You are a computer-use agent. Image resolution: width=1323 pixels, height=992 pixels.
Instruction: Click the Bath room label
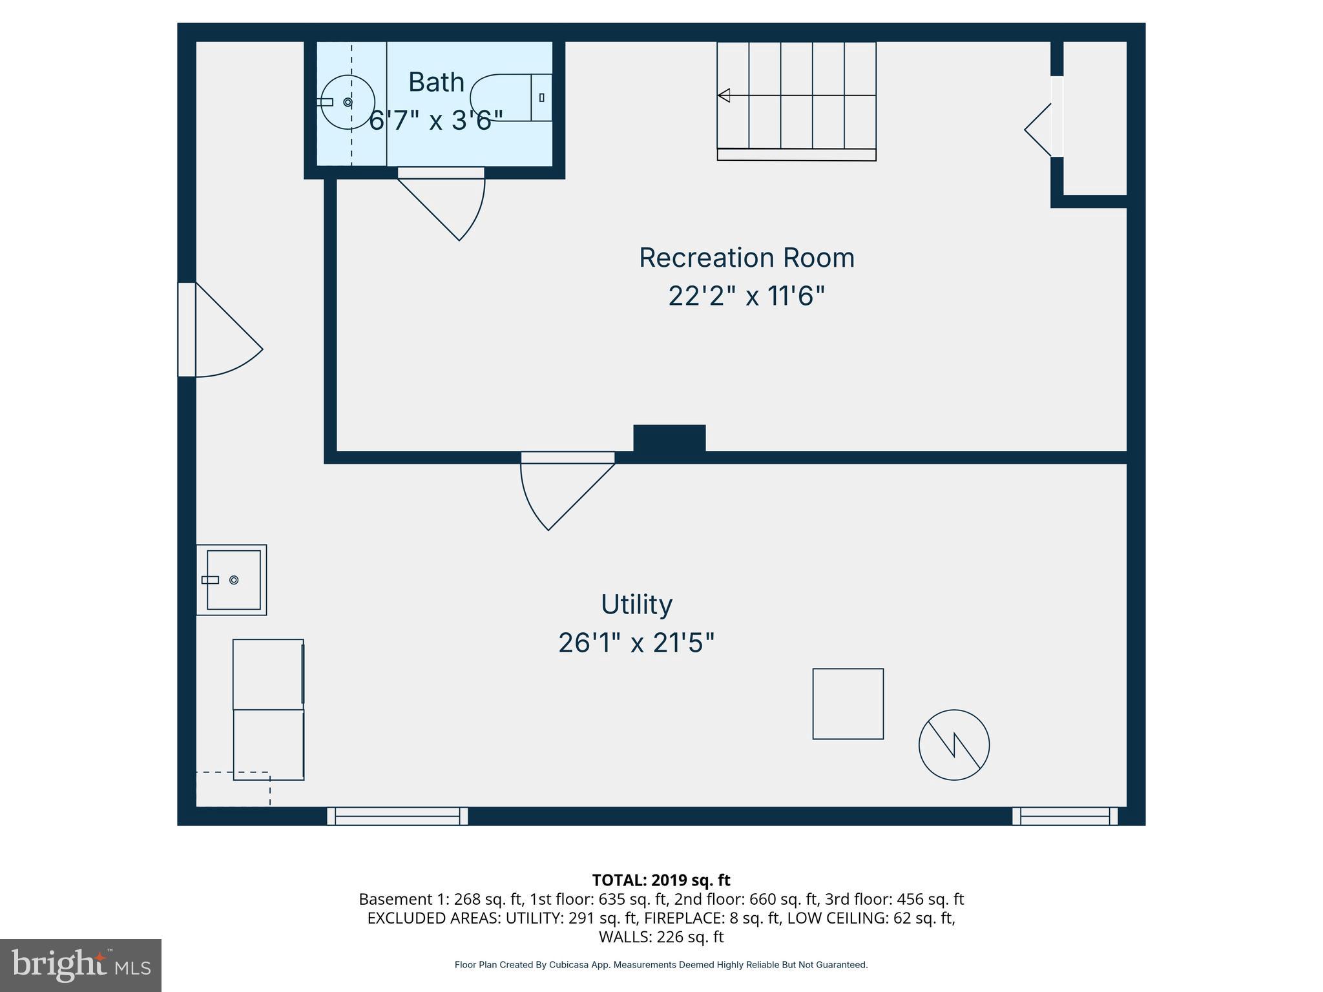436,83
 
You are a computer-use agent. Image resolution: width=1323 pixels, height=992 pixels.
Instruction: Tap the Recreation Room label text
746,258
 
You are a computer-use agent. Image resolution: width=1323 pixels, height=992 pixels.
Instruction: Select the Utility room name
636,604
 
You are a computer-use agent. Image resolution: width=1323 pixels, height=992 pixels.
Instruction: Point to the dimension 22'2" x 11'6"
746,296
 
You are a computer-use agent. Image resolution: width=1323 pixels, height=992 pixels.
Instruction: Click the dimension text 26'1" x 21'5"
636,643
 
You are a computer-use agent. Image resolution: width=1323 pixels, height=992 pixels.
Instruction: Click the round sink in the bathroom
348,102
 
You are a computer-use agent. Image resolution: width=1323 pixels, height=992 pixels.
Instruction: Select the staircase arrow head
724,96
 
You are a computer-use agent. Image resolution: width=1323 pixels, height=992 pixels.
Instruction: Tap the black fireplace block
669,438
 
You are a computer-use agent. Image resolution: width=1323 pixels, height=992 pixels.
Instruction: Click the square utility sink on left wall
232,580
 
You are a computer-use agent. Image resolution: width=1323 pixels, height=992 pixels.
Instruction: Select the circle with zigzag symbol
954,745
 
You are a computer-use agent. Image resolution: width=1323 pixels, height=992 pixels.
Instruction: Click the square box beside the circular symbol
848,703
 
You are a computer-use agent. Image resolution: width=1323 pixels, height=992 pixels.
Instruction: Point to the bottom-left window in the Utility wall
397,816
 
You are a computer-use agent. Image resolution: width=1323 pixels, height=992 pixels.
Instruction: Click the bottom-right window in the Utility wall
1065,816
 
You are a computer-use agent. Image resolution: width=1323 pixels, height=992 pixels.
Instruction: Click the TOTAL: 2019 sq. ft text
661,880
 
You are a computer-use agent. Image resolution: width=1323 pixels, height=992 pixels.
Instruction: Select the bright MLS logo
81,965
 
